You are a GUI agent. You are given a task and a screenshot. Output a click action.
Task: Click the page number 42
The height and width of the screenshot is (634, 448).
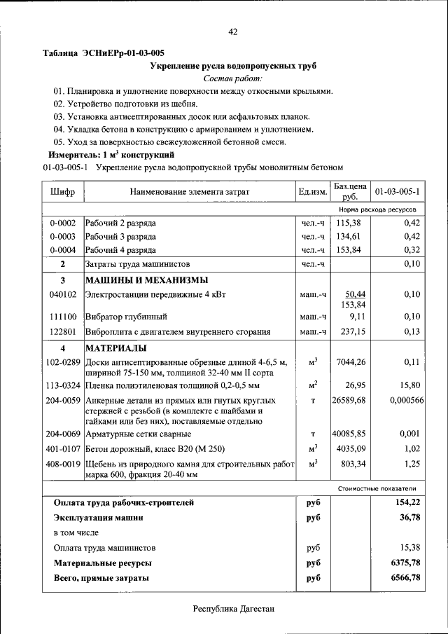coord(233,32)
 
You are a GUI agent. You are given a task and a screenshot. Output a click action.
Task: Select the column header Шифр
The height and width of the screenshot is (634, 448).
coord(63,191)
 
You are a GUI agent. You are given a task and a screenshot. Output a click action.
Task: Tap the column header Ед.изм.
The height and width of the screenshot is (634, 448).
coord(313,191)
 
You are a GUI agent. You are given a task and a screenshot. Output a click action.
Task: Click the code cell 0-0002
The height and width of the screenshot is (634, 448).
coord(63,223)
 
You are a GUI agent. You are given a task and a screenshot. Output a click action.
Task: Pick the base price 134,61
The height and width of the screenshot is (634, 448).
coord(351,236)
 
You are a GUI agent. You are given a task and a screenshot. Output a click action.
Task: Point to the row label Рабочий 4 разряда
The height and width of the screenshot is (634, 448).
coord(121,249)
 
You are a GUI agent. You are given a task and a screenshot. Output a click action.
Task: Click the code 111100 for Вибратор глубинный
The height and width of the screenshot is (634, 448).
coord(63,317)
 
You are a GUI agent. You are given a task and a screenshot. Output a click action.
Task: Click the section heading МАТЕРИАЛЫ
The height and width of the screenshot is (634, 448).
coord(116,347)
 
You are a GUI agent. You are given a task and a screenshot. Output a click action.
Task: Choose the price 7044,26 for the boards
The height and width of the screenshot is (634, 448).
coord(351,361)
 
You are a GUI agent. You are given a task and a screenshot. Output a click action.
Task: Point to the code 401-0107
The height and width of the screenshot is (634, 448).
coord(63,448)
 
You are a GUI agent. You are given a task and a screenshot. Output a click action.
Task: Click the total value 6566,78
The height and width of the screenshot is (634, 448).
coord(406,578)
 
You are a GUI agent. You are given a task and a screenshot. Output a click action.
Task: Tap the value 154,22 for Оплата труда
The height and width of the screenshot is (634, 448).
coord(407,502)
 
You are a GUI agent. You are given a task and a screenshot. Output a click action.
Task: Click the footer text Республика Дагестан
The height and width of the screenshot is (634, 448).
coord(234,609)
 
